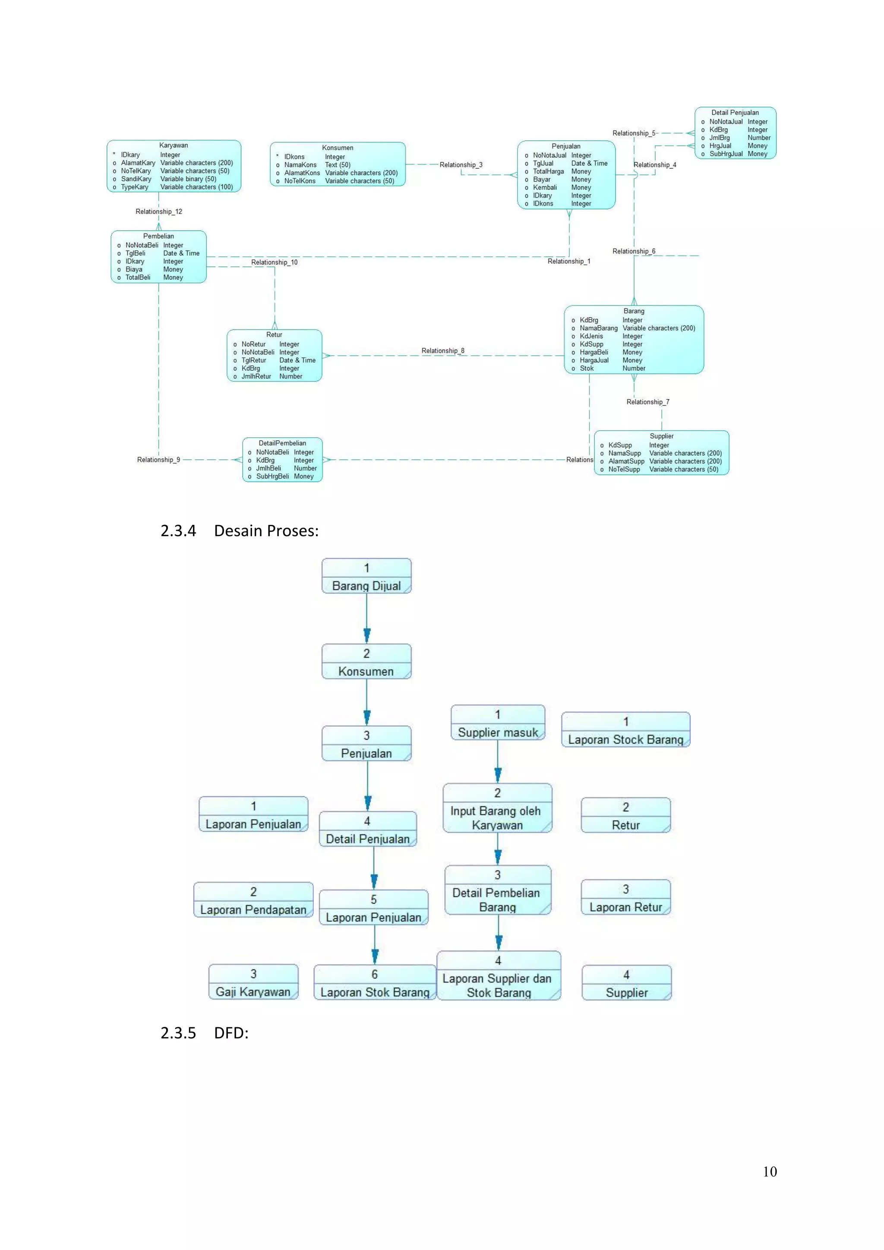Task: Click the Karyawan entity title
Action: [x=173, y=145]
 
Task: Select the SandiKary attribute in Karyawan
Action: [x=136, y=179]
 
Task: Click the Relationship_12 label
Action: [x=158, y=212]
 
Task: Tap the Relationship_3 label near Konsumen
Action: [x=461, y=165]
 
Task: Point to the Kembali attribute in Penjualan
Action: [x=544, y=187]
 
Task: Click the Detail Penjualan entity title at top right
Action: [x=734, y=113]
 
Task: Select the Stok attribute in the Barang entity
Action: [x=586, y=369]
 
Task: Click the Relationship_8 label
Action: [x=442, y=350]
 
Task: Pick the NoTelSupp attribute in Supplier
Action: [x=624, y=469]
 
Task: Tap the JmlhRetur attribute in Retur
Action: [x=256, y=376]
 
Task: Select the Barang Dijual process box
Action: [x=366, y=576]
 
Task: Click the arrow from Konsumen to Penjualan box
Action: [x=367, y=702]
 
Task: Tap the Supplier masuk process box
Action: [x=498, y=723]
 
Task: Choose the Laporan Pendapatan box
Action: [x=253, y=900]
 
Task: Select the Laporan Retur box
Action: [x=625, y=898]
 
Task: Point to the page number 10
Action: [x=769, y=1171]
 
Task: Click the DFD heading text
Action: [x=231, y=1033]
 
